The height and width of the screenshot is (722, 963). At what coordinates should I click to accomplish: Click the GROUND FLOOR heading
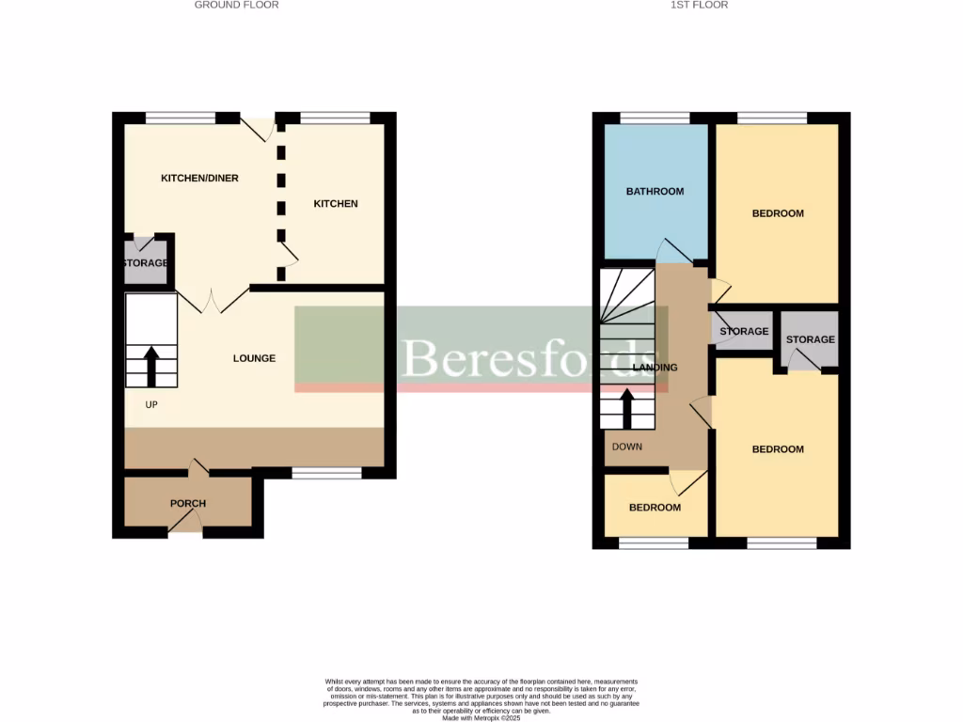click(236, 5)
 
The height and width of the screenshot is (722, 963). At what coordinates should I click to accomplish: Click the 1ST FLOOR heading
click(699, 5)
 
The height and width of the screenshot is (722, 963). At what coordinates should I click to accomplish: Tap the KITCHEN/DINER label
click(199, 178)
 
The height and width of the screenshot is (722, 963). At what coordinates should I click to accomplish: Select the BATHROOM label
click(655, 192)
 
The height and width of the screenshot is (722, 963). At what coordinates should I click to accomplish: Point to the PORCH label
click(188, 504)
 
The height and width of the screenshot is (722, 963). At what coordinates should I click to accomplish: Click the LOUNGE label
click(254, 358)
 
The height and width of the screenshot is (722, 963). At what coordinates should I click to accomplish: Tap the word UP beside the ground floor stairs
click(150, 404)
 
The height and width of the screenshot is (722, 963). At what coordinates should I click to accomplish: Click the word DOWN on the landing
click(626, 447)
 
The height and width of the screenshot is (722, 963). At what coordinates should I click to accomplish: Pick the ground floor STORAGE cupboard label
click(145, 263)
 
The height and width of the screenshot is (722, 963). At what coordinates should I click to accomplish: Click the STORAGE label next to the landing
click(744, 332)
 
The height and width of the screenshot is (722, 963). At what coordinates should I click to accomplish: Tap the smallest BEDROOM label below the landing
click(655, 508)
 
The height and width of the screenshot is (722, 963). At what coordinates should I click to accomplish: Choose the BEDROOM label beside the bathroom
click(778, 213)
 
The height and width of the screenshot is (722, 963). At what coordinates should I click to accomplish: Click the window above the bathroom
click(655, 118)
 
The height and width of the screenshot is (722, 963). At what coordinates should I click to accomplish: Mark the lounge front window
click(326, 473)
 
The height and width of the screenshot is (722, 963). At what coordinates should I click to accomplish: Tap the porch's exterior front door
click(185, 532)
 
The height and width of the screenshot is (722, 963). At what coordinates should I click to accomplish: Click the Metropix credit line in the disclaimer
click(481, 718)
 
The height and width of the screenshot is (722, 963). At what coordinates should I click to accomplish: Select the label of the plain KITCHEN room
click(336, 204)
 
